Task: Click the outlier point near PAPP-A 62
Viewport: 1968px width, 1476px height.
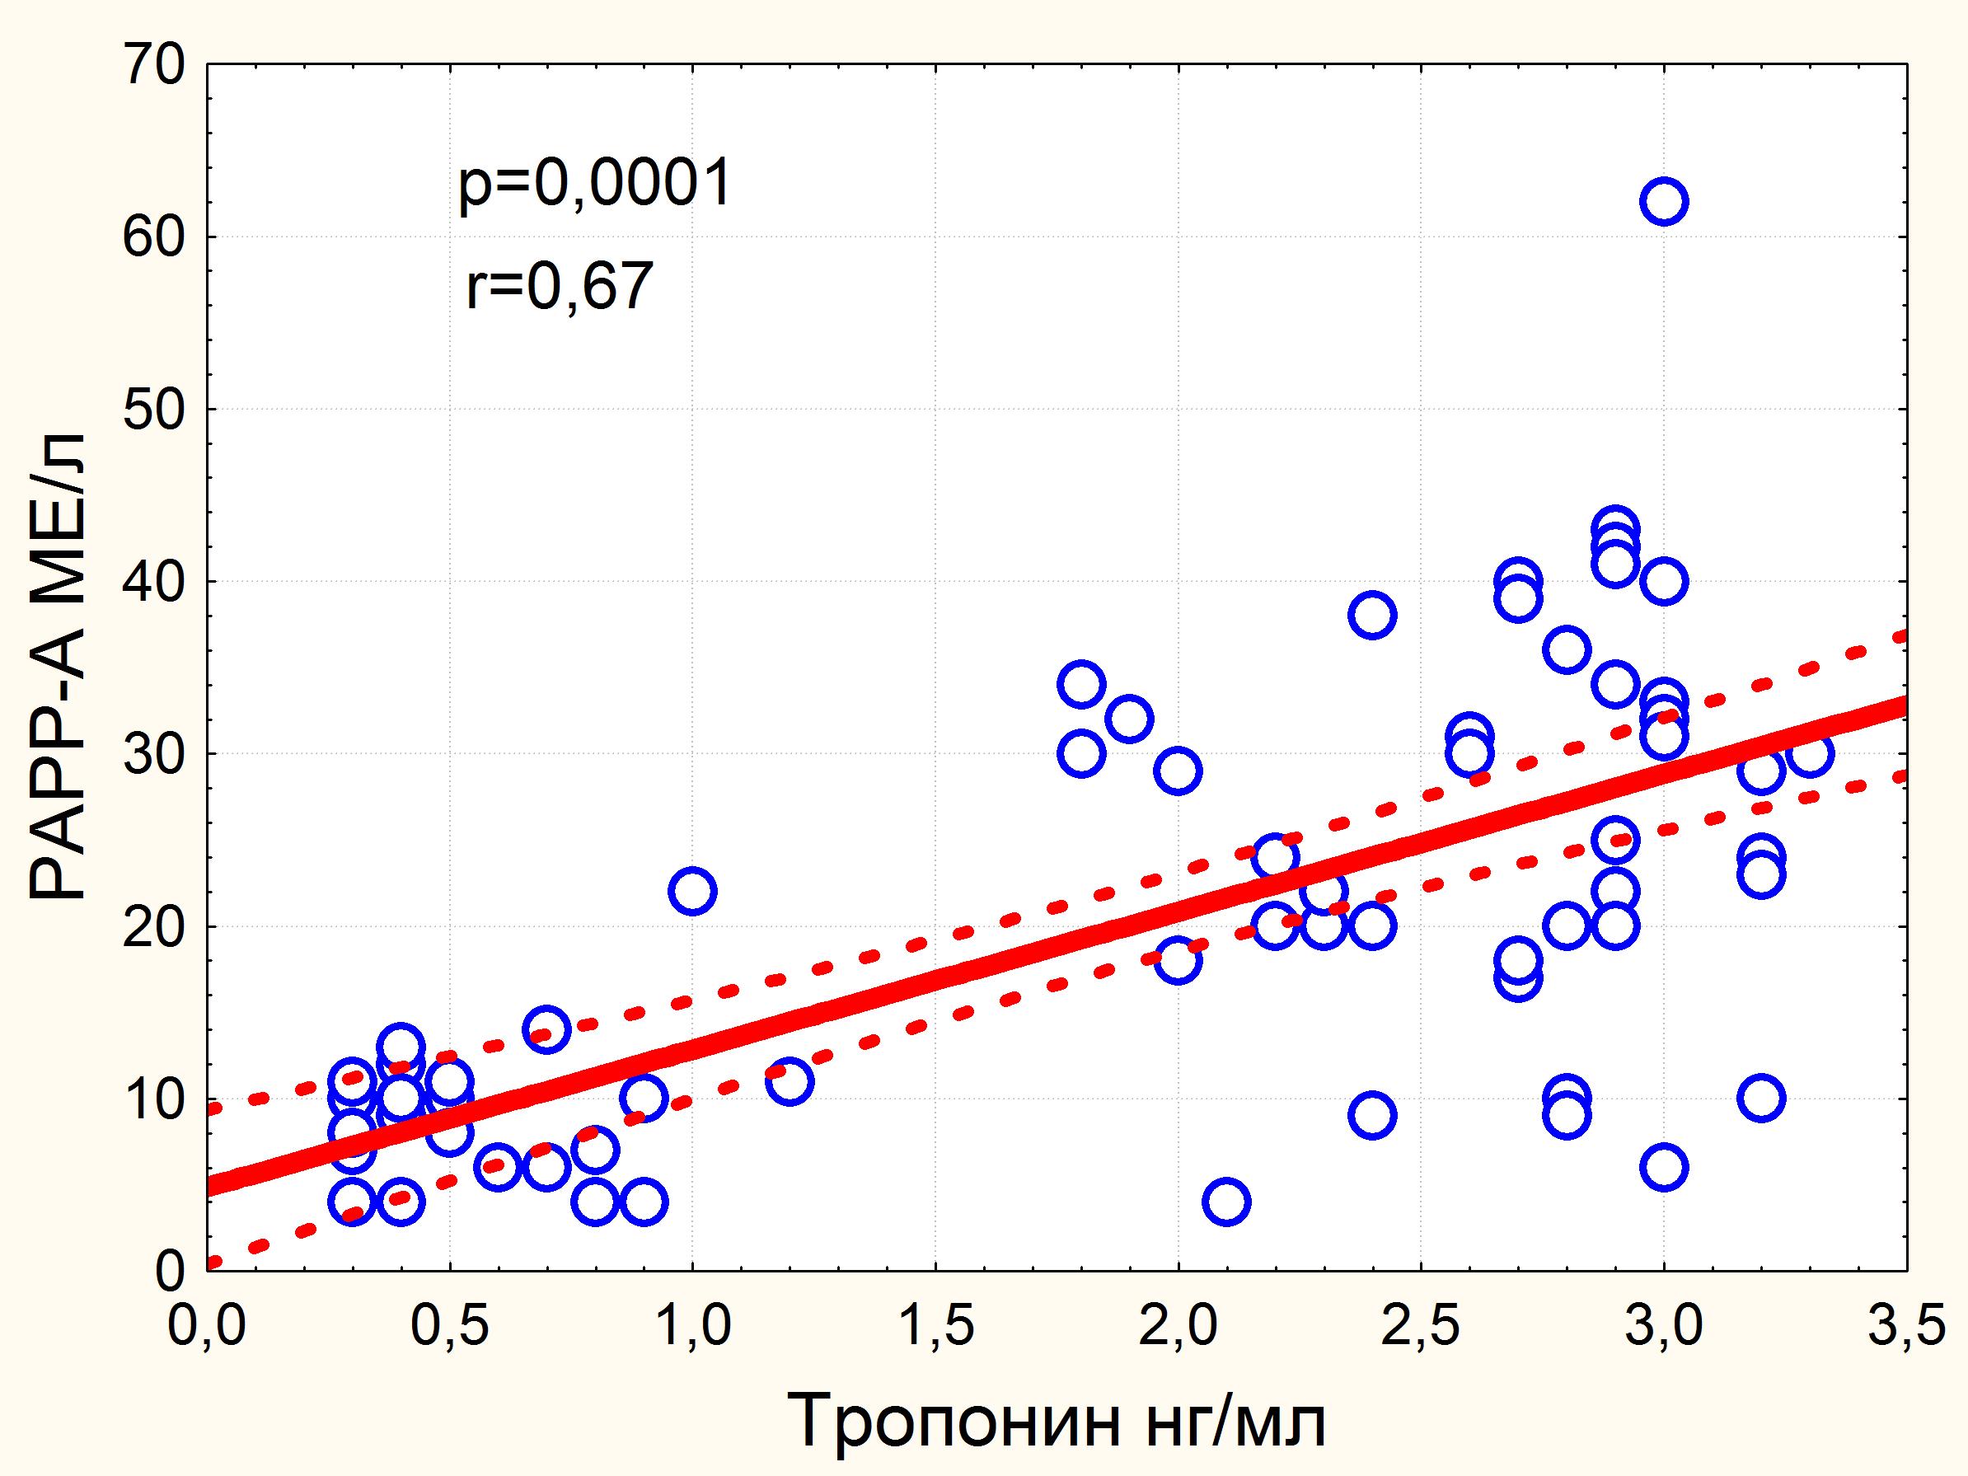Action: pos(1664,201)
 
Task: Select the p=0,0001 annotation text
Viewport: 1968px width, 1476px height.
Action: pos(594,183)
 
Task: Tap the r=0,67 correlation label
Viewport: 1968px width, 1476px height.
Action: pos(560,287)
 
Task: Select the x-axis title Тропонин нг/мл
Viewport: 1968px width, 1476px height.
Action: pos(1057,1421)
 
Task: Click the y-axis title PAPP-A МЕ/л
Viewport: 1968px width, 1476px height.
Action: pos(59,668)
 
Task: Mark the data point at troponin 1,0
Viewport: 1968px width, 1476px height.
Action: pos(692,891)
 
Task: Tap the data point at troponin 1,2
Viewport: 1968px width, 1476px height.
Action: pos(790,1081)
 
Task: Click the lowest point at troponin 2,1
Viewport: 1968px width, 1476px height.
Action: pos(1226,1202)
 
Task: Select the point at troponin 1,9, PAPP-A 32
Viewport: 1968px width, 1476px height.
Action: pos(1129,718)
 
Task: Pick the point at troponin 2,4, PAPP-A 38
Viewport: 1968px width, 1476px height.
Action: pos(1372,615)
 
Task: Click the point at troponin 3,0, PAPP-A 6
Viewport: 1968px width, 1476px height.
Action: pos(1664,1167)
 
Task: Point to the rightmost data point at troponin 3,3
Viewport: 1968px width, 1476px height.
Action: pos(1809,753)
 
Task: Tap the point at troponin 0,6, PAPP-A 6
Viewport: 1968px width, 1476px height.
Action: pos(499,1167)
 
